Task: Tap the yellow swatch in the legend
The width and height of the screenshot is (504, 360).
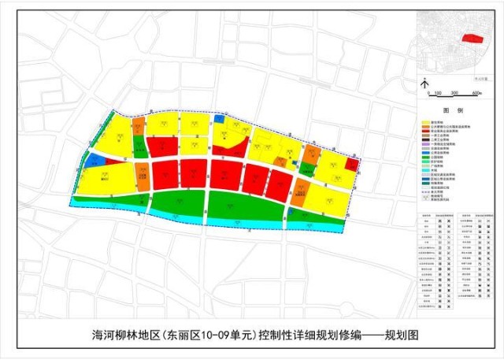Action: [x=425, y=123]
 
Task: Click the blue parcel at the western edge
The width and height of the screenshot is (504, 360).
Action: [x=93, y=160]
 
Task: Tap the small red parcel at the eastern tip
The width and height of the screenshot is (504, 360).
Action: [x=353, y=164]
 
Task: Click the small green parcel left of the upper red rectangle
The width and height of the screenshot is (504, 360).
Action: [x=139, y=147]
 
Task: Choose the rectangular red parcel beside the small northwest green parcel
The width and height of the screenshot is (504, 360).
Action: [x=161, y=146]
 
